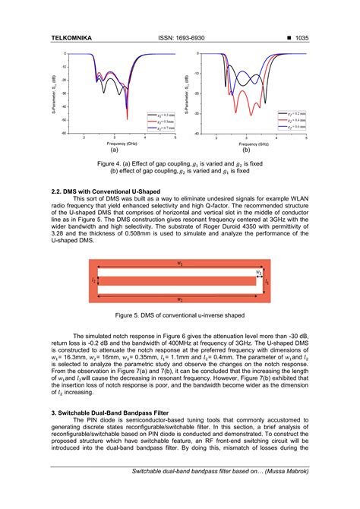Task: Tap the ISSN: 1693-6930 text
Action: [x=180, y=37]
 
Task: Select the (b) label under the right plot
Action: [x=245, y=150]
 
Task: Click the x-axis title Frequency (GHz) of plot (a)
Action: [x=122, y=144]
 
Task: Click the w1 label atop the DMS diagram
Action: [x=179, y=264]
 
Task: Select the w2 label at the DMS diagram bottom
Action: [x=179, y=299]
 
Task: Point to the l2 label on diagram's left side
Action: [x=94, y=280]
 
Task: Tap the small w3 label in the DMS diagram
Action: [x=259, y=271]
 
